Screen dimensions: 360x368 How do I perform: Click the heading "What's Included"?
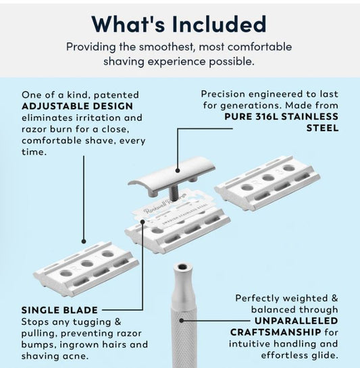point(179,24)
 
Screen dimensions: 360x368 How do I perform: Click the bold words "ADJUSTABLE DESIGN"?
point(77,106)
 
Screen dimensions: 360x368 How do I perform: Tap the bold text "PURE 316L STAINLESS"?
point(282,116)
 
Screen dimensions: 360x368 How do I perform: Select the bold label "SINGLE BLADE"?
point(59,310)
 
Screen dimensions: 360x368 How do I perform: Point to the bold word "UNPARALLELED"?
point(297,321)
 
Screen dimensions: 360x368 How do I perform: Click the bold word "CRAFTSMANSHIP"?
point(276,332)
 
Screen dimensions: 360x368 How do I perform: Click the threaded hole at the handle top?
point(182,267)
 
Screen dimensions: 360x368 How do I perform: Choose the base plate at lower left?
point(86,269)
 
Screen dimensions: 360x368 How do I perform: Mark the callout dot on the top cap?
point(178,171)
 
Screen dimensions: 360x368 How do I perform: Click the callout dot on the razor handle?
point(181,320)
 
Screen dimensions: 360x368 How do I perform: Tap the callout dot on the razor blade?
point(143,221)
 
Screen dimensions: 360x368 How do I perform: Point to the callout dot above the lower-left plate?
point(84,241)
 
